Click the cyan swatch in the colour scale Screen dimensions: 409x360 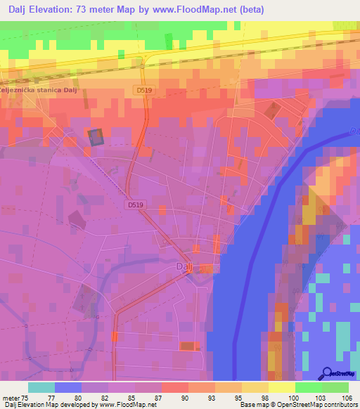[x=41, y=387]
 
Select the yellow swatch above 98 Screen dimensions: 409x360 [x=255, y=387]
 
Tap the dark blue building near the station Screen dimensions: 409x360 [x=94, y=137]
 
